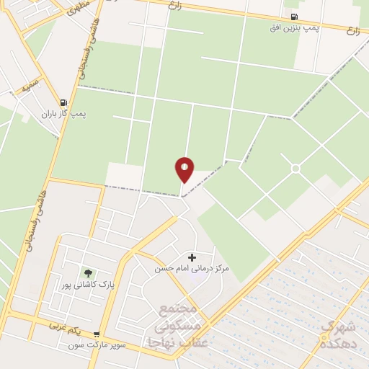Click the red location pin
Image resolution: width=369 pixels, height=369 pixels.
(184, 169)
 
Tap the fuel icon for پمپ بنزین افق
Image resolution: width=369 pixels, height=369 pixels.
(293, 17)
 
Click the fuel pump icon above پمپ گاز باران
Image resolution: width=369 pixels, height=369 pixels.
(64, 103)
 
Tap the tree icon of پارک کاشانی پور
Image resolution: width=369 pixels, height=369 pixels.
(88, 273)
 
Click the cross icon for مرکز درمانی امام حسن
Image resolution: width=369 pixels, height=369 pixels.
(192, 257)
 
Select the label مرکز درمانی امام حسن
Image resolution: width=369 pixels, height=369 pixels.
(192, 268)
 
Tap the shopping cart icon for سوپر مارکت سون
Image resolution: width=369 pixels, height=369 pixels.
(96, 334)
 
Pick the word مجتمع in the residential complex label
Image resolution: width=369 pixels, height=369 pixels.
(177, 310)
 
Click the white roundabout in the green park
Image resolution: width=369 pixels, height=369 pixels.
(295, 169)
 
